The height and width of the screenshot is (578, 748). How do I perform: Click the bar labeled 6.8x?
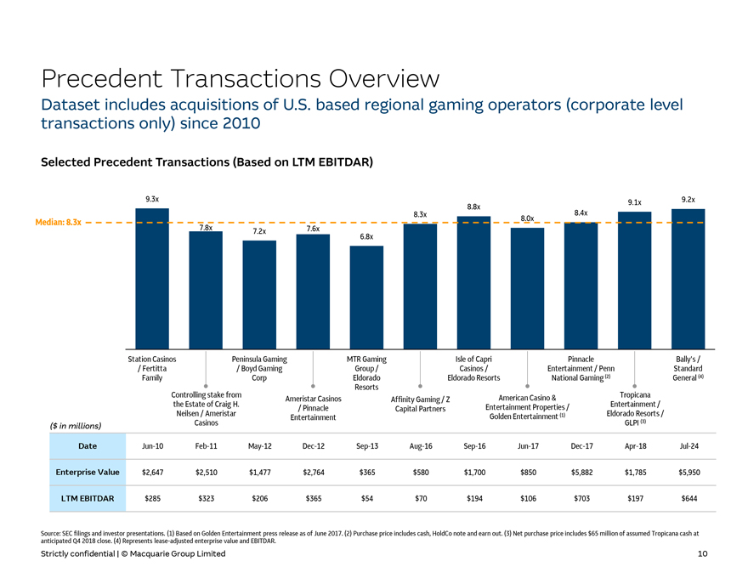click(366, 297)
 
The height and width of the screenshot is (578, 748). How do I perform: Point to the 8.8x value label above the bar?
click(473, 207)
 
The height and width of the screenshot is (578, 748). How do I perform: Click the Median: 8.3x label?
click(58, 223)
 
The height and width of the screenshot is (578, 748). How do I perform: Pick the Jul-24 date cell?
click(688, 445)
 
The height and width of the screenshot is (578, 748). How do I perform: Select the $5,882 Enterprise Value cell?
click(581, 472)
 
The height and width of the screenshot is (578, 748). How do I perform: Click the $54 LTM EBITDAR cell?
click(366, 498)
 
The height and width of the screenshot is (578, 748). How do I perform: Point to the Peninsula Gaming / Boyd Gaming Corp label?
click(258, 369)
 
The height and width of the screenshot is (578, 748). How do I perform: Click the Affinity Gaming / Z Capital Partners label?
click(420, 405)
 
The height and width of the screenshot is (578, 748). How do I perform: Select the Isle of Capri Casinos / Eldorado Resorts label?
click(473, 369)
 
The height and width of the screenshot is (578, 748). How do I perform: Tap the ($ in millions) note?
click(74, 425)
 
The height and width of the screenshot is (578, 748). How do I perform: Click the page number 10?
click(702, 553)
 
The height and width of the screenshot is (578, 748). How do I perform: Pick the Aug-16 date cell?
click(420, 445)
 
